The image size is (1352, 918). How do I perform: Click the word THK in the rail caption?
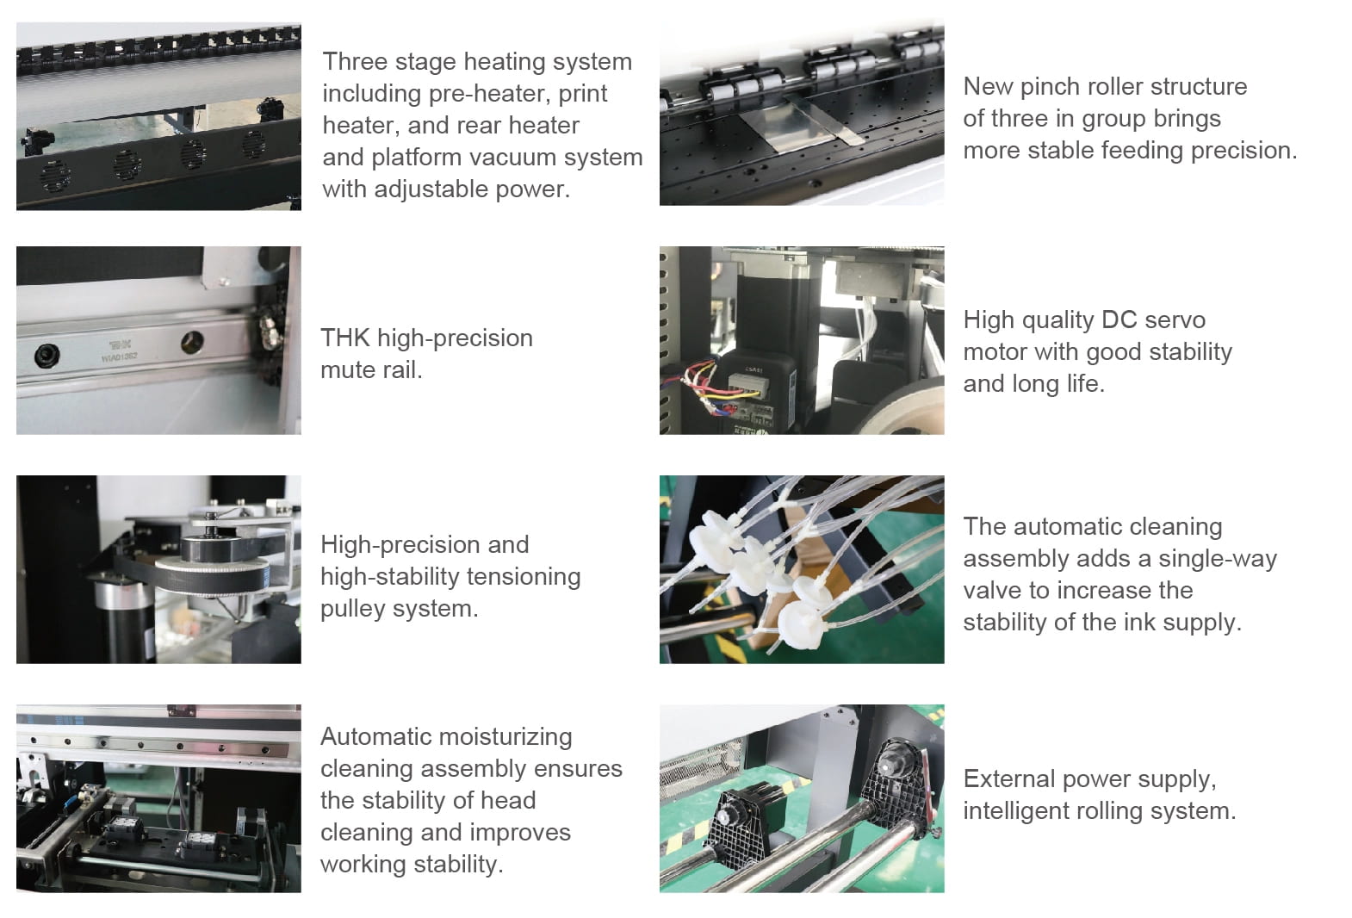(x=345, y=338)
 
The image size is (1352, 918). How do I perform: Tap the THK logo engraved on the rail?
(x=121, y=345)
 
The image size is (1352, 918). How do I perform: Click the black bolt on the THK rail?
(x=47, y=356)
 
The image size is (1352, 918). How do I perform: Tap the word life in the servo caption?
(x=1084, y=384)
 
